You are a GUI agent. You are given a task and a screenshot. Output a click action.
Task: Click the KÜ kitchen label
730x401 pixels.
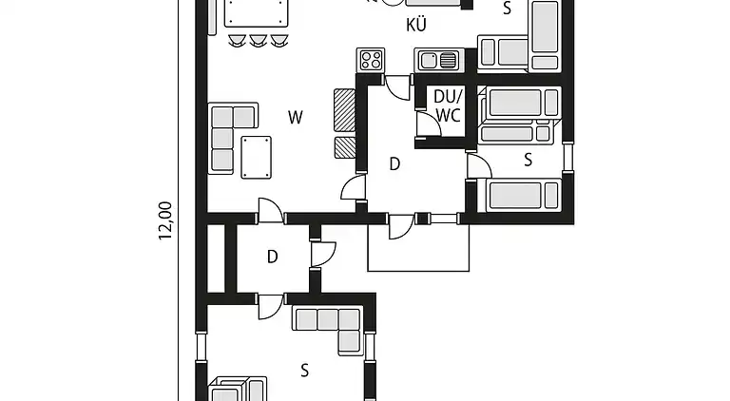pos(415,24)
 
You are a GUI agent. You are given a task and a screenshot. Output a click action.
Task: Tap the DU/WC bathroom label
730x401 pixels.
pos(449,105)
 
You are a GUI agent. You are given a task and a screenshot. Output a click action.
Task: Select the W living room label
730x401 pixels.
pos(296,117)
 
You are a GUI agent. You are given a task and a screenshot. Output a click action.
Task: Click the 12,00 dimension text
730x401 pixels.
pos(165,220)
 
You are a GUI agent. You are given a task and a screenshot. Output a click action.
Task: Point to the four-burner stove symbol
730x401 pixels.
pos(371,60)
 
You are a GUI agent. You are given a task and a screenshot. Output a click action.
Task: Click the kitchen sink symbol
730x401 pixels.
pos(439,60)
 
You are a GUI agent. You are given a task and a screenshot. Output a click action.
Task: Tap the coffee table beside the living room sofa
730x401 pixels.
pos(256,157)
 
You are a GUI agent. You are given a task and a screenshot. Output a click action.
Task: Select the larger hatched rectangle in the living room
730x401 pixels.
pos(344,110)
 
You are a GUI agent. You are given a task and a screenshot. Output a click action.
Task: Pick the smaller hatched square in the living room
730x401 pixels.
pos(345,147)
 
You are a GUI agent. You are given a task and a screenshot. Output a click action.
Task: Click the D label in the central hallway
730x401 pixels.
pos(394,163)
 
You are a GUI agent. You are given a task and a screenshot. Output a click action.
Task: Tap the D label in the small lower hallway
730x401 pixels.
pos(273,257)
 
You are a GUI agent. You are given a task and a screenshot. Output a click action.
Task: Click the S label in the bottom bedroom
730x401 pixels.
pos(304,371)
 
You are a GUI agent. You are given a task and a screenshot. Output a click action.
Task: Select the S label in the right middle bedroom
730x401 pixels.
pos(528,160)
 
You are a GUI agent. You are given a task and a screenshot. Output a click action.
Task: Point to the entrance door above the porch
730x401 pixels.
pos(401,226)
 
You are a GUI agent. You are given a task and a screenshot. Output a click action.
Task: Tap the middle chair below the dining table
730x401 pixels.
pos(258,41)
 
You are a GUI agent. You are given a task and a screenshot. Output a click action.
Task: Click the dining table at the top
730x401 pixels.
pos(256,13)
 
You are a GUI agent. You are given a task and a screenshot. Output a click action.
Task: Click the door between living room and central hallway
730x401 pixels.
pos(354,188)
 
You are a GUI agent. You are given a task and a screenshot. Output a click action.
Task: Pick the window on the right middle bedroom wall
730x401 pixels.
pos(567,157)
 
